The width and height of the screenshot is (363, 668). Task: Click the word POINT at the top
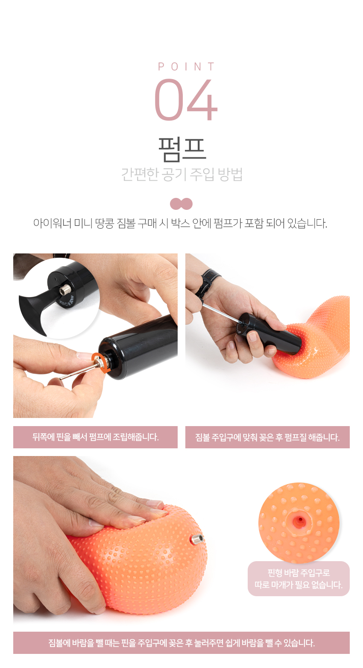pos(186,67)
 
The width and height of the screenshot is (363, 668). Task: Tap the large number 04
pos(186,100)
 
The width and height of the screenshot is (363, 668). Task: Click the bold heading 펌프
pos(182,149)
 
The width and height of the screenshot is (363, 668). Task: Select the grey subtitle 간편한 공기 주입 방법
pos(182,174)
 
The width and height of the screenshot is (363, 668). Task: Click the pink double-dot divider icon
pos(181,204)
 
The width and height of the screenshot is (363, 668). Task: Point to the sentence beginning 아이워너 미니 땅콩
pos(180,224)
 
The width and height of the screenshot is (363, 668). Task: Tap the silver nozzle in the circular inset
pos(65,290)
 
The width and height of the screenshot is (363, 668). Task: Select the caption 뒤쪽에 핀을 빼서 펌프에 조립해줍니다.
pos(95,437)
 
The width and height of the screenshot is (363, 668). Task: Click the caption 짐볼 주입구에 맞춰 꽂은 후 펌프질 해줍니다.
pos(267,438)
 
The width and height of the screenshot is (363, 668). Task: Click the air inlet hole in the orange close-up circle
pos(300,520)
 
